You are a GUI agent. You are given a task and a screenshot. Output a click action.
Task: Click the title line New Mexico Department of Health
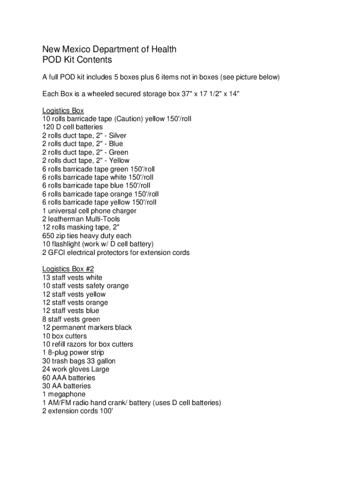click(109, 49)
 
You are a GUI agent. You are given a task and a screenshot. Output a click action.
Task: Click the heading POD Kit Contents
click(77, 60)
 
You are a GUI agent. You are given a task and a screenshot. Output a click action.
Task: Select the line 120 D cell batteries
click(72, 127)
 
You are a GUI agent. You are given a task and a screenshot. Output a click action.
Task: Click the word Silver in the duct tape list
click(117, 136)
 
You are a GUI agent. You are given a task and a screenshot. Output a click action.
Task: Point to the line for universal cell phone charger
click(89, 211)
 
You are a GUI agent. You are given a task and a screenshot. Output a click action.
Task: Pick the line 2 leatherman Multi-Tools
click(81, 219)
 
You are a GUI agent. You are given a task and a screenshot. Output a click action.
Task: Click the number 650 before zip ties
click(48, 236)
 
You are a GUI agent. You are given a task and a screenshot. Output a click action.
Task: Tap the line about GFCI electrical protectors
click(116, 253)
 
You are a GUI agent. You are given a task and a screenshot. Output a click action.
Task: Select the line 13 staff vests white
click(72, 277)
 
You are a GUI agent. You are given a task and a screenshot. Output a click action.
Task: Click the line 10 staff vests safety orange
click(85, 286)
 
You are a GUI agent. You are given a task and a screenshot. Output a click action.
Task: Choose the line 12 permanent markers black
click(87, 327)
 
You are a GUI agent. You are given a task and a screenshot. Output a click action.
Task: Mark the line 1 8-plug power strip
click(73, 352)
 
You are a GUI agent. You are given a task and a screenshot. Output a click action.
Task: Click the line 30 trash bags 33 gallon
click(79, 361)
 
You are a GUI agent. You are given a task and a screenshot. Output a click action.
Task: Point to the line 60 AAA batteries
click(68, 377)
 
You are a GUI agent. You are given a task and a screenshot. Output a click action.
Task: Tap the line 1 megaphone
click(64, 394)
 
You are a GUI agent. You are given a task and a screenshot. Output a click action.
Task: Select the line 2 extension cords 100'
click(78, 411)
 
